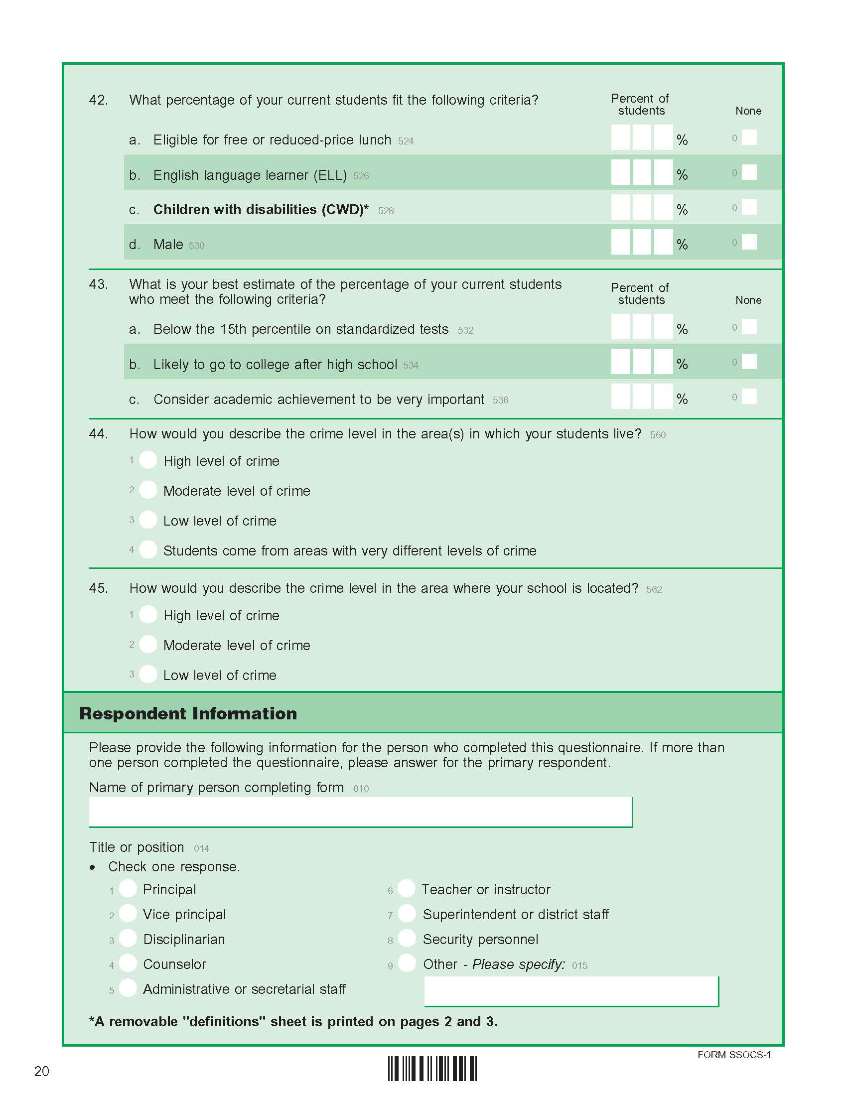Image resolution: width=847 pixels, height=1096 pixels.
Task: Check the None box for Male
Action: (x=749, y=243)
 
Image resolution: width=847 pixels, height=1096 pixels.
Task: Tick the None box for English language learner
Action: (x=749, y=173)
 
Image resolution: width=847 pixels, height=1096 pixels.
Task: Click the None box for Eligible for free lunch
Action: (x=749, y=137)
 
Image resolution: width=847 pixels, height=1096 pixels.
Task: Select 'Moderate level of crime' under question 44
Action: (x=148, y=490)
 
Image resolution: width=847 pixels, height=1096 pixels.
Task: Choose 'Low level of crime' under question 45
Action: (x=148, y=674)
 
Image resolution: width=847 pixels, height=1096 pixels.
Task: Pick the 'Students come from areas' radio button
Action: (x=148, y=549)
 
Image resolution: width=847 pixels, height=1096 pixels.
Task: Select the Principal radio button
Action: (x=128, y=888)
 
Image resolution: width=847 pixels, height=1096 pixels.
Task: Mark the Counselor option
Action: (x=128, y=963)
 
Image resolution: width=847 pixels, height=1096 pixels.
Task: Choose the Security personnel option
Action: (x=407, y=938)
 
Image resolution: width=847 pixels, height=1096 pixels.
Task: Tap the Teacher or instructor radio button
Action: (x=407, y=888)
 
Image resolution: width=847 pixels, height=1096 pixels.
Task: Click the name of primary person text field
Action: (x=360, y=812)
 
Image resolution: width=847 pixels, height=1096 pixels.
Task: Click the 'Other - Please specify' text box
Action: (x=571, y=991)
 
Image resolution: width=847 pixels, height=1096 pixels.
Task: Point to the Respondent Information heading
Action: (x=188, y=713)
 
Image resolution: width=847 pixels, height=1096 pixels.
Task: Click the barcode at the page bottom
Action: (x=432, y=1069)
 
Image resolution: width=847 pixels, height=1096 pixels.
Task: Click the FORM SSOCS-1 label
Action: (x=733, y=1055)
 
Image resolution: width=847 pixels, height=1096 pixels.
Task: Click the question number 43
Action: (x=98, y=284)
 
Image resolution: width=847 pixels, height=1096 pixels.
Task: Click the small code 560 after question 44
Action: (x=658, y=435)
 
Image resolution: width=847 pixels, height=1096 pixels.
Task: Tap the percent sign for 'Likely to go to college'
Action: (x=682, y=364)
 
